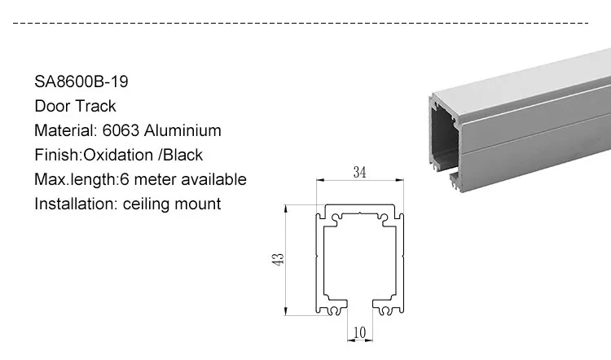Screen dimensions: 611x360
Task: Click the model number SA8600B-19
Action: point(81,81)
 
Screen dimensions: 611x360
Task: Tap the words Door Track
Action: point(75,106)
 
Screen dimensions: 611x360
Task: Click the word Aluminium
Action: point(182,130)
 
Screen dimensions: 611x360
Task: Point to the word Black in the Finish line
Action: point(182,155)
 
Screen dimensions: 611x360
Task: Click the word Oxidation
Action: point(118,155)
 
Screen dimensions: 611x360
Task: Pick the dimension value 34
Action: point(359,172)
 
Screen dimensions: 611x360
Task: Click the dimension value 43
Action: point(278,260)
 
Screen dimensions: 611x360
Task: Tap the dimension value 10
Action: point(359,333)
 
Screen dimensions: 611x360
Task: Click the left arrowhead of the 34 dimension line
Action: point(320,180)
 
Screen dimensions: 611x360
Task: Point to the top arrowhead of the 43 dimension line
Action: point(286,209)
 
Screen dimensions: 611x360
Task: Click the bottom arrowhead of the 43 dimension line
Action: point(286,310)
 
